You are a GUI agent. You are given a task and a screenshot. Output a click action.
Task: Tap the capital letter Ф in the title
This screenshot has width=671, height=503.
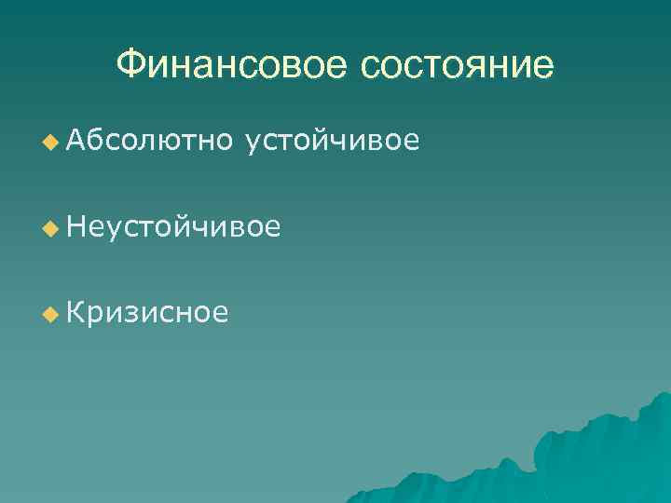[131, 65]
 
